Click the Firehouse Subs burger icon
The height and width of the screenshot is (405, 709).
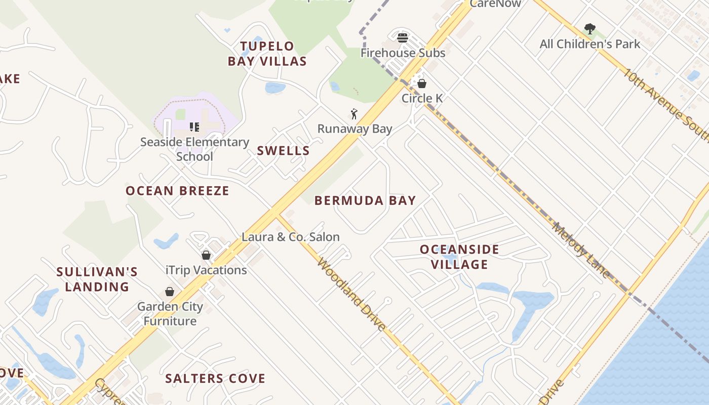pos(403,37)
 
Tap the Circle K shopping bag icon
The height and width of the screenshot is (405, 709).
pos(421,84)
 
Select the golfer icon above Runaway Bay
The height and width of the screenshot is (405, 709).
pos(354,114)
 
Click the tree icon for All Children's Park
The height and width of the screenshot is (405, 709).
pos(589,29)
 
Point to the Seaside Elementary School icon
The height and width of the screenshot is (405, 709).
pos(194,127)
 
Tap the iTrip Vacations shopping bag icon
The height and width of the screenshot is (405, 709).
pos(206,255)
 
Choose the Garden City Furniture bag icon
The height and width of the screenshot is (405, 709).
pos(170,292)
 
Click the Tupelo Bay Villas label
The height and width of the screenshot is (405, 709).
pos(267,54)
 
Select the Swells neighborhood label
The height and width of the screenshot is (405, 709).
pos(283,151)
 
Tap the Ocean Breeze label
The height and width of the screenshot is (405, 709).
pos(177,191)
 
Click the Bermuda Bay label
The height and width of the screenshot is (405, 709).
pos(365,200)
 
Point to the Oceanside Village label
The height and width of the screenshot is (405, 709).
pos(459,257)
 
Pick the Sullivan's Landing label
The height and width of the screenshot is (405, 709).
pos(97,279)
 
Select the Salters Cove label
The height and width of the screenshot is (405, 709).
pos(215,379)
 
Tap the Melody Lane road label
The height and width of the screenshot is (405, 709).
pos(581,250)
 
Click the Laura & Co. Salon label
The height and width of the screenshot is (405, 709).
pos(291,237)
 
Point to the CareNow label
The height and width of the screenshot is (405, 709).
pos(495,4)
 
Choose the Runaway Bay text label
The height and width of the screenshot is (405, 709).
pos(354,129)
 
